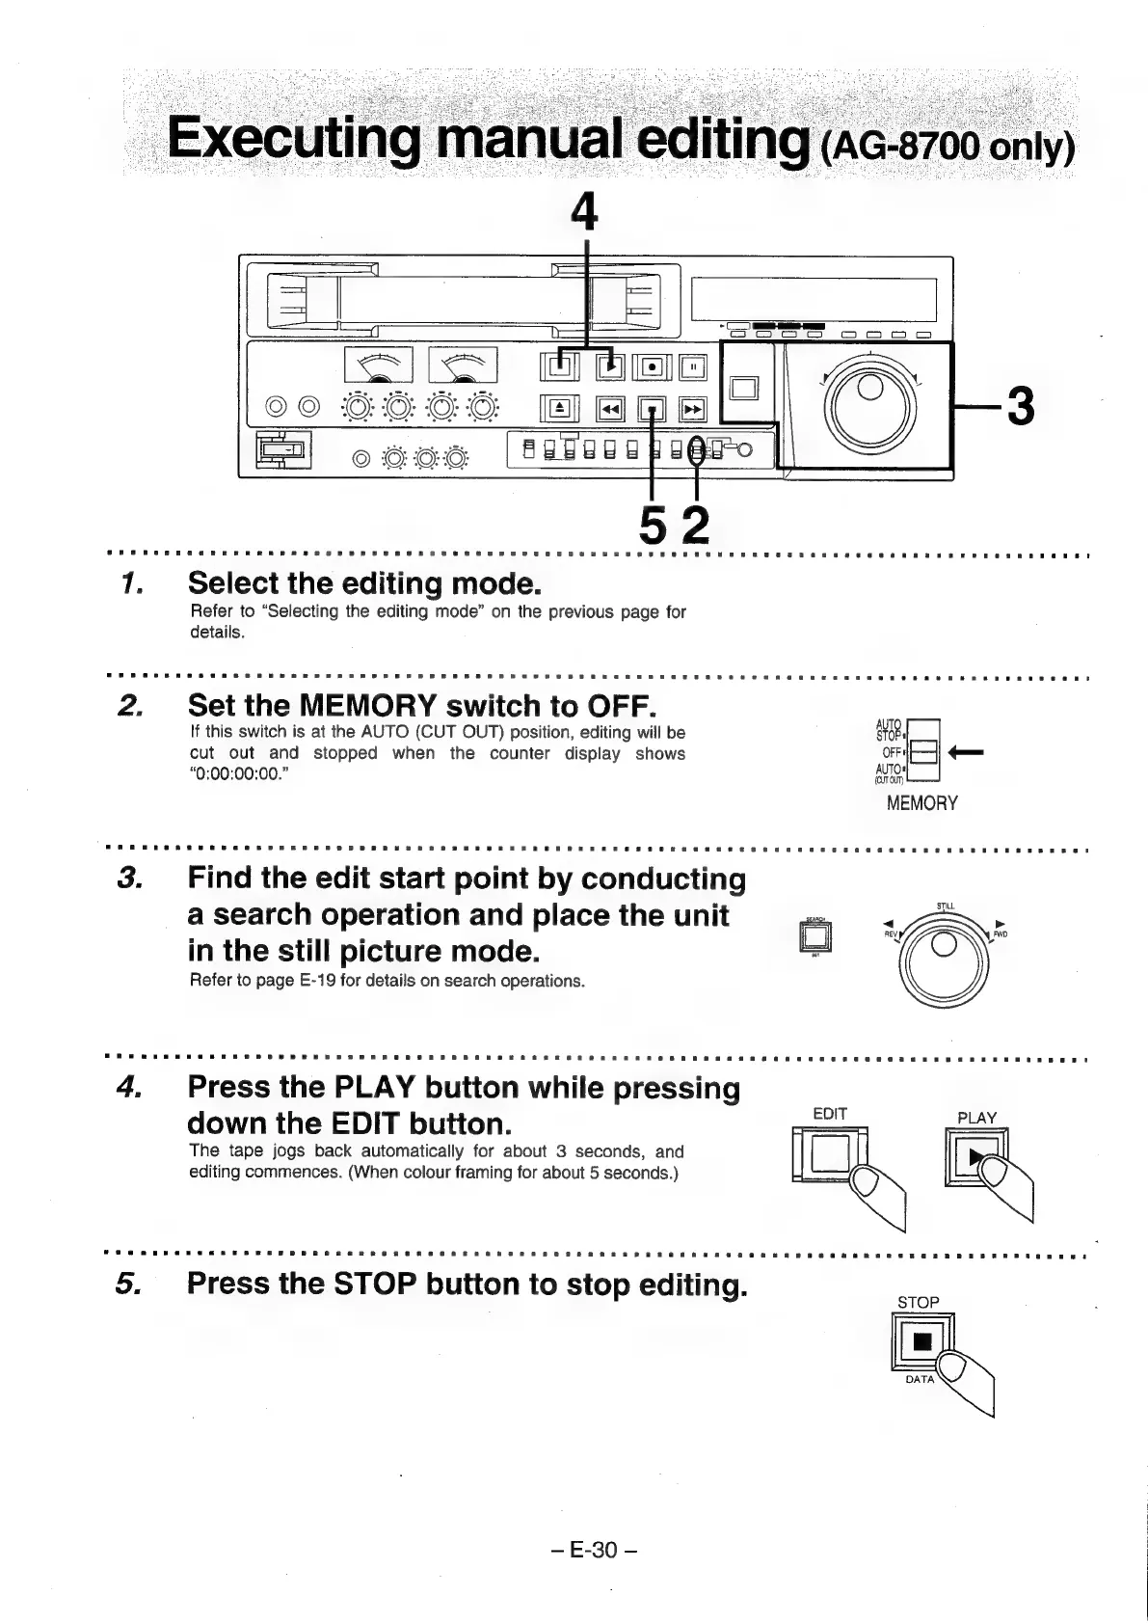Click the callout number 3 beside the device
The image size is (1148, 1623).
point(1018,406)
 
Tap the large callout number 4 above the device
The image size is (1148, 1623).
point(585,210)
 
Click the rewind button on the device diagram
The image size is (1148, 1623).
point(609,410)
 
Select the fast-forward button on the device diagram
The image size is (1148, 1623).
point(693,410)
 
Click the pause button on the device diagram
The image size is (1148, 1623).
point(693,366)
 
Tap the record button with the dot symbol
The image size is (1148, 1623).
point(653,366)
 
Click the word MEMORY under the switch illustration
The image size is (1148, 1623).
point(921,803)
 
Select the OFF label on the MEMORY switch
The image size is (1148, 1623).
point(892,752)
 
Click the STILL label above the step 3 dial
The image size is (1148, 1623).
point(945,906)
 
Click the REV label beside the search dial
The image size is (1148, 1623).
point(889,933)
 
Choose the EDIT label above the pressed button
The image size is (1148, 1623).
point(830,1114)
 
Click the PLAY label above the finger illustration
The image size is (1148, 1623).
point(976,1118)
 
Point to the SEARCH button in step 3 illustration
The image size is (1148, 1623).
point(815,935)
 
